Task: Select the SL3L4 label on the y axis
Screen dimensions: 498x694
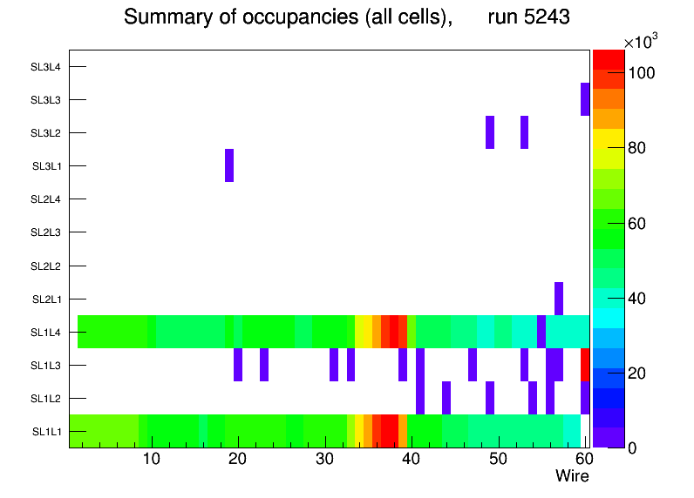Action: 45,67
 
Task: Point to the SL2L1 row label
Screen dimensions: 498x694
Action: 45,299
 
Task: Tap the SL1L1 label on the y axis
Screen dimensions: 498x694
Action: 46,432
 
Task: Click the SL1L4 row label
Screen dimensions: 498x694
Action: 45,333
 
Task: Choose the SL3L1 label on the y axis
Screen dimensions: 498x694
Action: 46,166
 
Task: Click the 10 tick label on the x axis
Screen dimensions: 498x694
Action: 152,459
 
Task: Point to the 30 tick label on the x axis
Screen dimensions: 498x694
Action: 325,459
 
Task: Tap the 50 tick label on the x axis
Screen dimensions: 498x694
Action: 498,459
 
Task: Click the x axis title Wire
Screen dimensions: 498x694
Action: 573,476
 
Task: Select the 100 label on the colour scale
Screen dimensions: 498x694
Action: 642,73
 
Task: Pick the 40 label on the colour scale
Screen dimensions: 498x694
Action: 637,299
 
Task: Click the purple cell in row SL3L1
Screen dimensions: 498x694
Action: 229,165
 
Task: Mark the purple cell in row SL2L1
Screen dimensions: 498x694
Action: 559,299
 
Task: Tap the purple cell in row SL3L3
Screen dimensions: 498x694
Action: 585,99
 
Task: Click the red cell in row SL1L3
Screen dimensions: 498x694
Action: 585,365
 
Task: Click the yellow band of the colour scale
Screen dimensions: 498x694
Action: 609,139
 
